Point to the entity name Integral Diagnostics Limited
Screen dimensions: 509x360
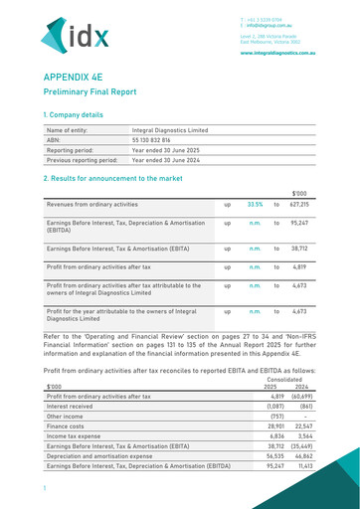(170, 130)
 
